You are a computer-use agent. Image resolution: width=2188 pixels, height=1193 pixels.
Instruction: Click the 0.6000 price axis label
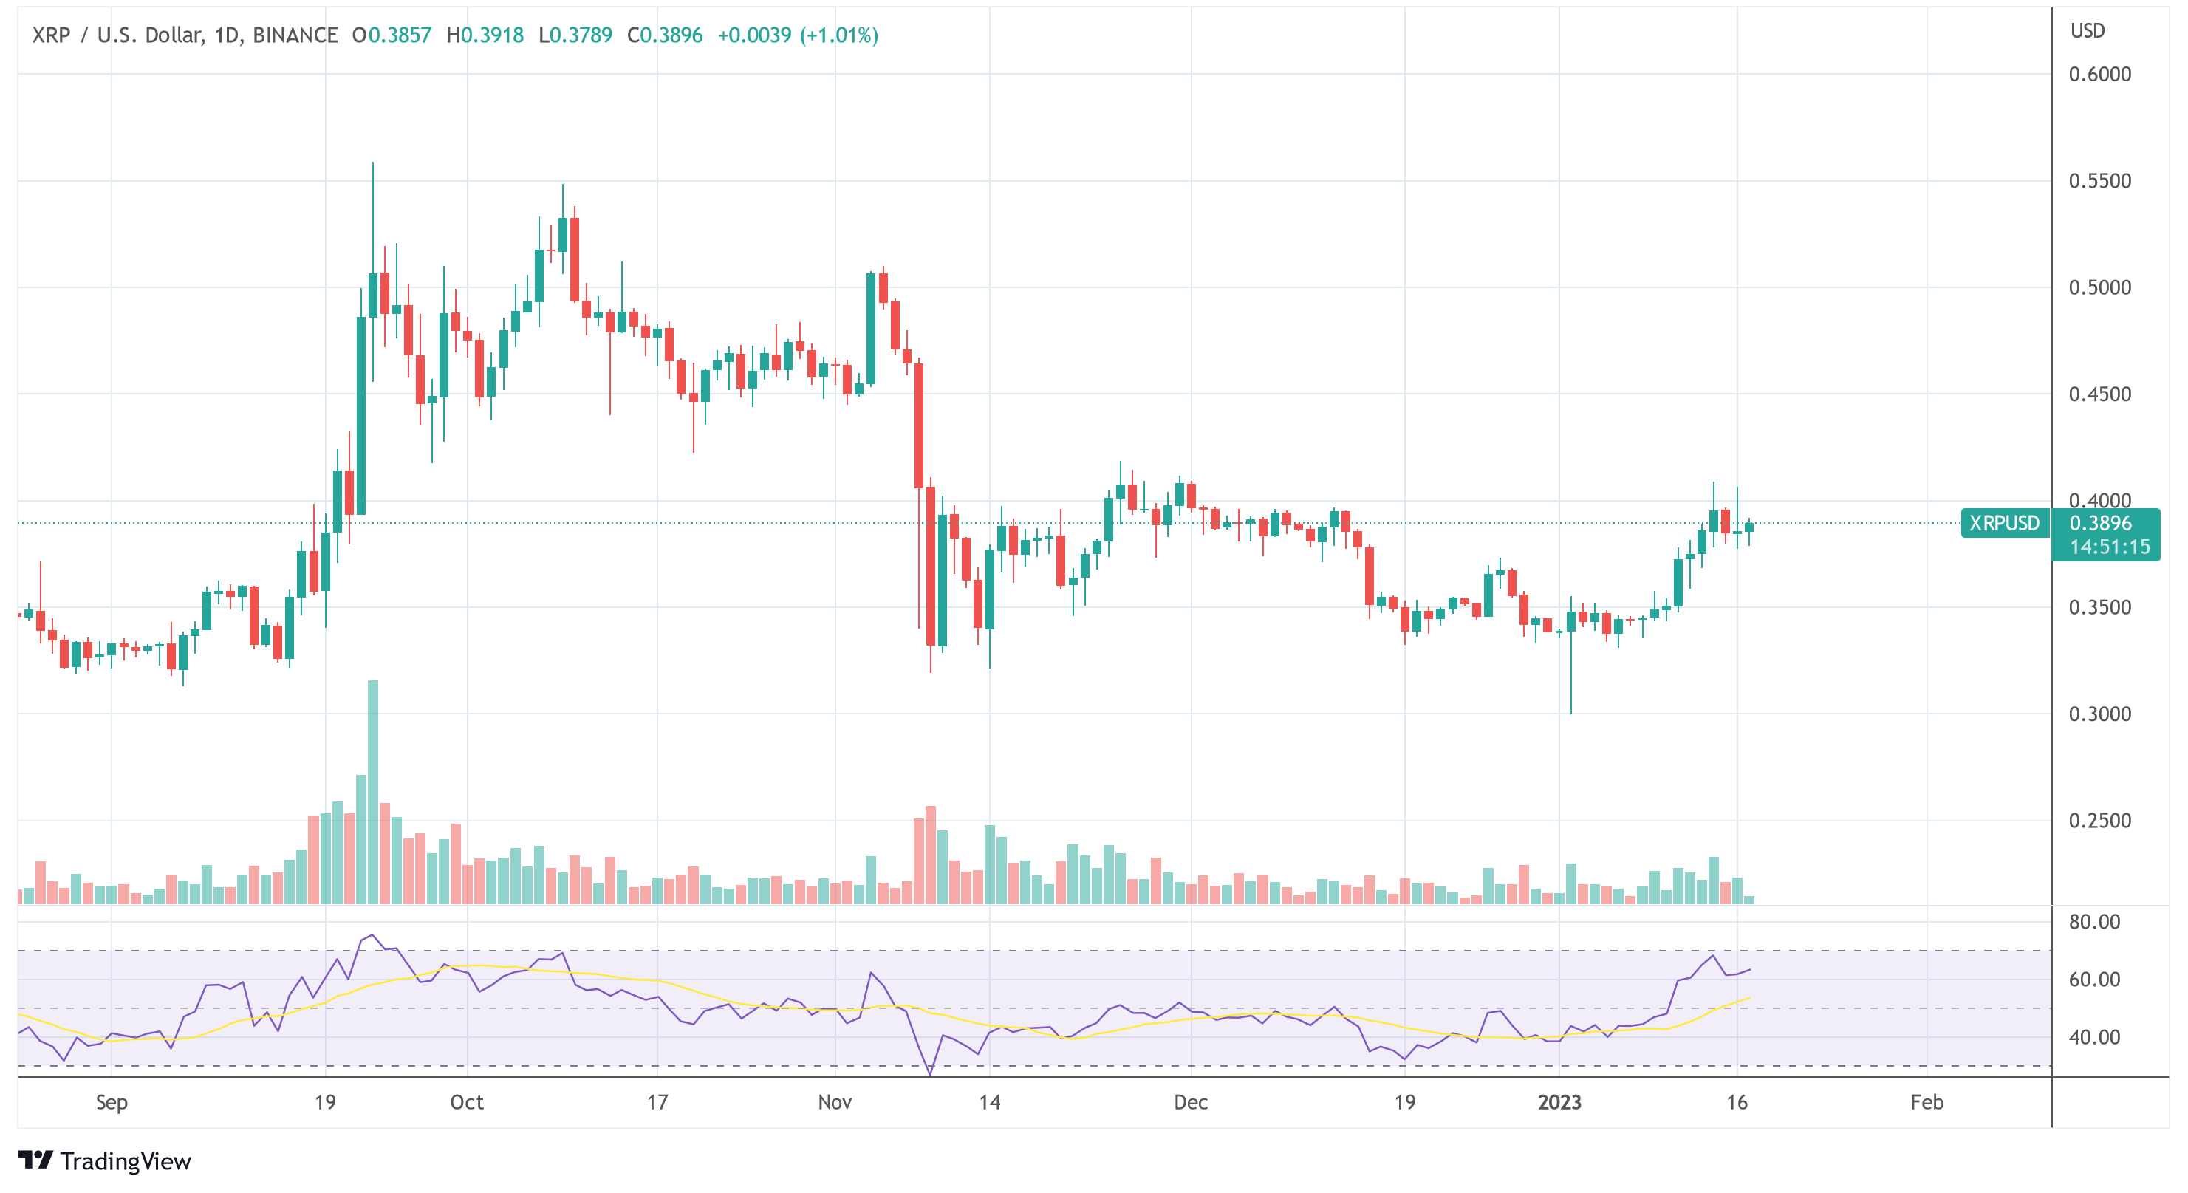point(2099,75)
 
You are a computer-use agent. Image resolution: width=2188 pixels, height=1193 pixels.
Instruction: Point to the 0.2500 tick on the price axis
point(2099,820)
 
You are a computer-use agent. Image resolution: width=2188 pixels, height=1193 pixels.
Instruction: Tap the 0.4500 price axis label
point(2099,394)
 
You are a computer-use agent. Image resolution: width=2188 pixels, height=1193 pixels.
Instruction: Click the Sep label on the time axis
point(112,1102)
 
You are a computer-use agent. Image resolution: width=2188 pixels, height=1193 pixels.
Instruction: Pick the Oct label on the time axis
point(466,1102)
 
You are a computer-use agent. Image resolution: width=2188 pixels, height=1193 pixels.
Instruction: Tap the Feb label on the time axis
point(1927,1102)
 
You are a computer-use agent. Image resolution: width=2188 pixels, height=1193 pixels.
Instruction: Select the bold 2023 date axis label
point(1559,1102)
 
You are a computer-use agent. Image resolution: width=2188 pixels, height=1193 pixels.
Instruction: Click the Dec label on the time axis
point(1190,1102)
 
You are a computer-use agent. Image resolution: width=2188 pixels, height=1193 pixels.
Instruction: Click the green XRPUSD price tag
point(2003,523)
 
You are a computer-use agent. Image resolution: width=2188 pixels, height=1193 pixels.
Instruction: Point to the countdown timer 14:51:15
point(2109,547)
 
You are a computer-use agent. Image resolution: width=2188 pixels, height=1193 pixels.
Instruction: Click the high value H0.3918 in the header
point(485,35)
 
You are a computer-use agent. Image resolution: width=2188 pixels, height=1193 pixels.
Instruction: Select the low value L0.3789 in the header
point(575,35)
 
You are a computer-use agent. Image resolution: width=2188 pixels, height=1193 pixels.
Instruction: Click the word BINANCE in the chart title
point(295,35)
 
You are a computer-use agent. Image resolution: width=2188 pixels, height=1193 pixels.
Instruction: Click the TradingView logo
point(104,1160)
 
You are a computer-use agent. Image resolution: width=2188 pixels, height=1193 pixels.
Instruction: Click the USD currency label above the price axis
point(2087,30)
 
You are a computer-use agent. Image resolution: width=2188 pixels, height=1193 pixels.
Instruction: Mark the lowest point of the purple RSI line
point(930,1074)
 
